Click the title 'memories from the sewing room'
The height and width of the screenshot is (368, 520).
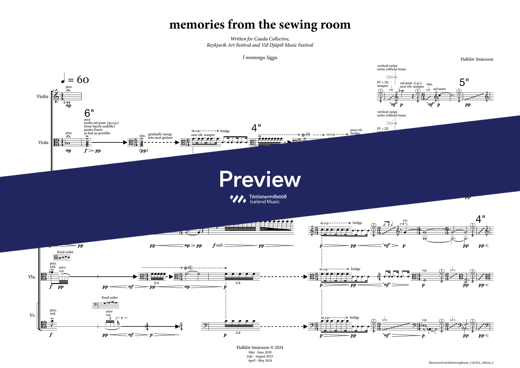tap(260, 25)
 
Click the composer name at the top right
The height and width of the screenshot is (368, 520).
tap(477, 59)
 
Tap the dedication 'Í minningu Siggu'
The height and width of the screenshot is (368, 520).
tap(260, 58)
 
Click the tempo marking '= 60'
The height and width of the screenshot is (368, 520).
tap(75, 80)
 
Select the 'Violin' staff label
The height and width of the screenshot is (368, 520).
tap(43, 96)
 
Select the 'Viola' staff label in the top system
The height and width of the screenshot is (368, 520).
tap(43, 142)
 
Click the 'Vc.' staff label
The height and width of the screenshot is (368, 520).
tap(33, 315)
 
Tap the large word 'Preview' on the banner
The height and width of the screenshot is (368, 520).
tap(260, 179)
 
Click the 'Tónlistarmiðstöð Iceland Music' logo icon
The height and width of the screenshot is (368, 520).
tap(238, 199)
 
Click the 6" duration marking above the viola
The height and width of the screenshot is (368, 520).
tap(89, 113)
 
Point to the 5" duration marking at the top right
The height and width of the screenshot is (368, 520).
tap(464, 82)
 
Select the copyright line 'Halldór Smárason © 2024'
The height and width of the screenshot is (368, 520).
tap(260, 348)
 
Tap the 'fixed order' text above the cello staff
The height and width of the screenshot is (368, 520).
tap(110, 297)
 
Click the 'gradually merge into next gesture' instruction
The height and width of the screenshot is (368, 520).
tap(160, 136)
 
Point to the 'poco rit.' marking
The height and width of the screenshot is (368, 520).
tap(356, 130)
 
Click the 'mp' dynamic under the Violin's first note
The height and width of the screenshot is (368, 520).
tap(69, 106)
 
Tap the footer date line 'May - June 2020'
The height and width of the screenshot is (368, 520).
tap(260, 352)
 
